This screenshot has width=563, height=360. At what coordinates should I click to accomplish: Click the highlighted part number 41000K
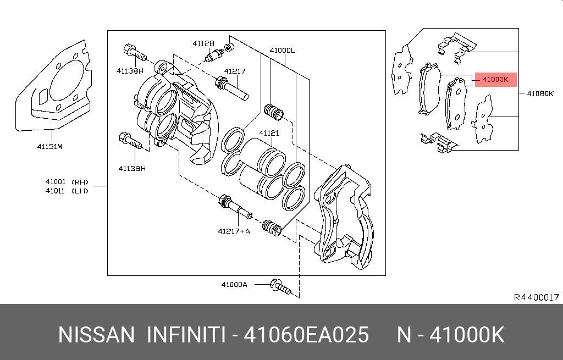point(495,80)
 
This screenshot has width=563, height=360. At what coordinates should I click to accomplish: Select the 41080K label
point(540,93)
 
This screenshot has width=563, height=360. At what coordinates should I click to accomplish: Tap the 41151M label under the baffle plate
point(49,146)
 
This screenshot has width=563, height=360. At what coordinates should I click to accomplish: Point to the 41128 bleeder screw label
point(203,43)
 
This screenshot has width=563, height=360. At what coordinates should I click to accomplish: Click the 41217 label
point(235,71)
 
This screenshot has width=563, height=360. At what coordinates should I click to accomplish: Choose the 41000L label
point(282,51)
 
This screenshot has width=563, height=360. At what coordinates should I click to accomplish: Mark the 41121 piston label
point(269,133)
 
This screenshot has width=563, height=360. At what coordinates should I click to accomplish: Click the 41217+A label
point(234,231)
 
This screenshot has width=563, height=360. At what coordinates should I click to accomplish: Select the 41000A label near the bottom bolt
point(234,285)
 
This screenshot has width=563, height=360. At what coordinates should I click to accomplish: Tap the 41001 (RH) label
point(67,182)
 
